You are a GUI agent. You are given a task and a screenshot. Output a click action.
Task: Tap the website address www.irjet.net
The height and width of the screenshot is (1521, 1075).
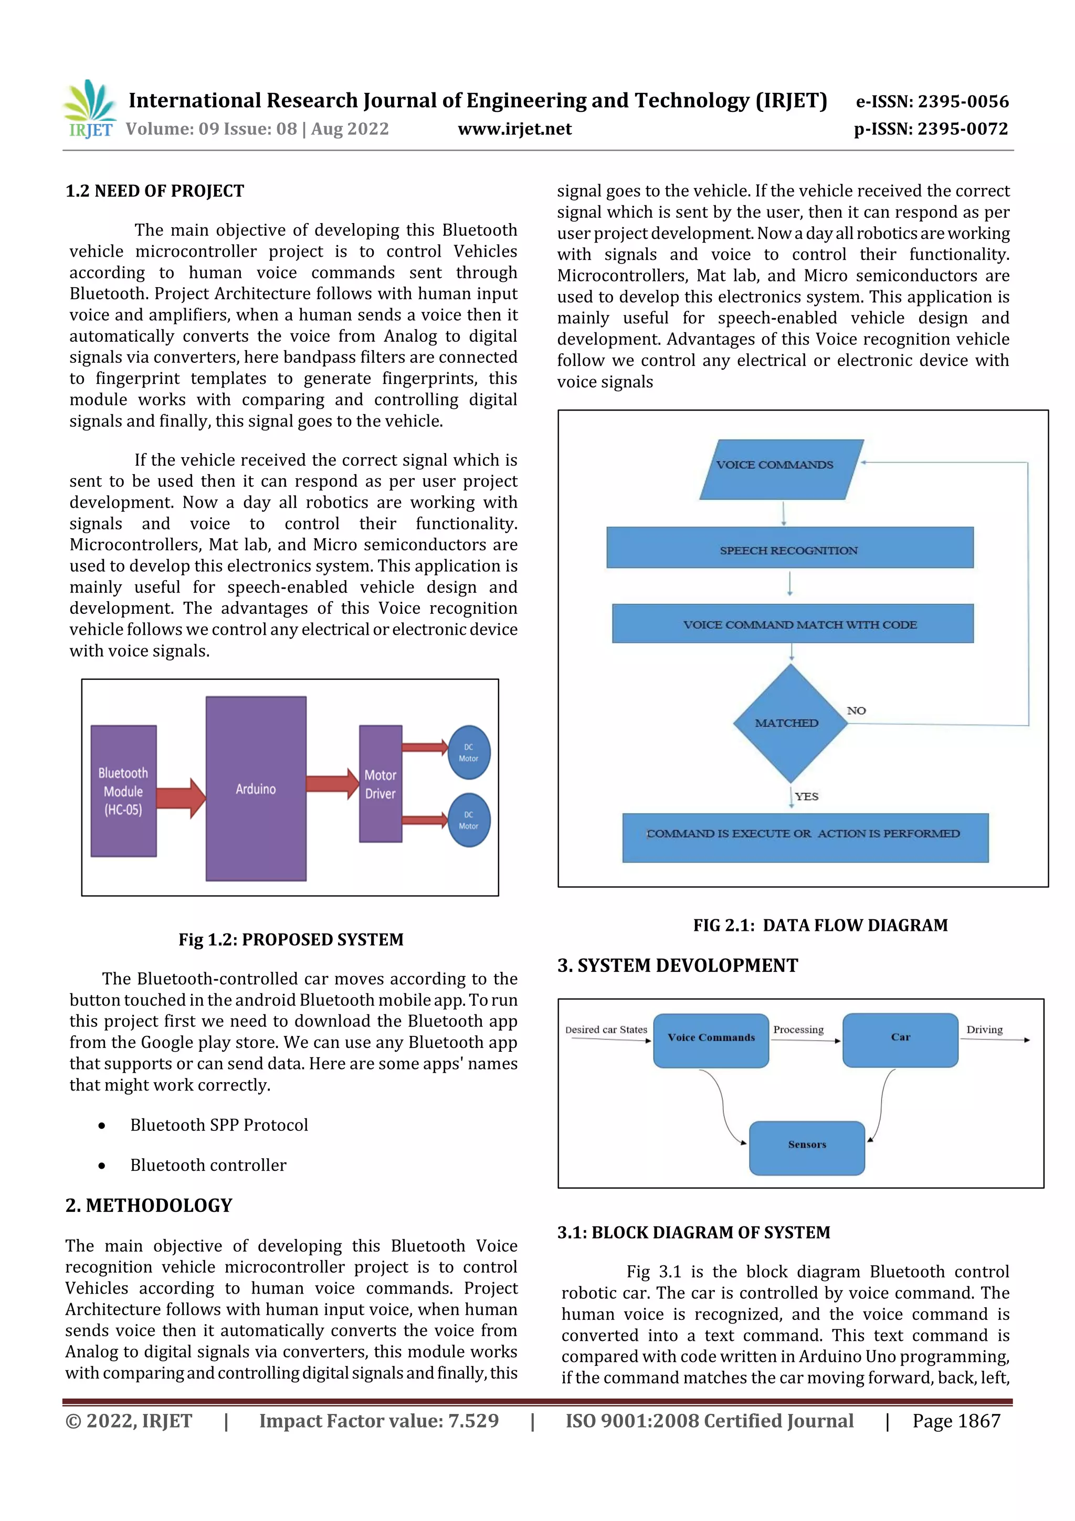coord(514,129)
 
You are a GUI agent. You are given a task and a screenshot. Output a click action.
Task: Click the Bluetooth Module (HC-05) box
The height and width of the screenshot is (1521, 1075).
coord(124,791)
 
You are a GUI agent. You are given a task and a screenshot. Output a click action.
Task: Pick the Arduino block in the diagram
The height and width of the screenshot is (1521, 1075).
coord(256,788)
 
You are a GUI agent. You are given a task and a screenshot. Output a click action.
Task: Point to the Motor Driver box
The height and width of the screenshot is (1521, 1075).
coord(380,784)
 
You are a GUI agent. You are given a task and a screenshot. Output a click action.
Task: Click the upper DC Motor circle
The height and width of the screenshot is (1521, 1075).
coord(469,752)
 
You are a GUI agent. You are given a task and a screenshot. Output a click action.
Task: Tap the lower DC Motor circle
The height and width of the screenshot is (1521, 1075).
coord(469,820)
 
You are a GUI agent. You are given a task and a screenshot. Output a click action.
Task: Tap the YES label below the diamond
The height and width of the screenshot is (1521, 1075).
coord(807,796)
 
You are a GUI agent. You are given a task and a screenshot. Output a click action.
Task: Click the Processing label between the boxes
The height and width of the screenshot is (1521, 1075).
coord(798,1030)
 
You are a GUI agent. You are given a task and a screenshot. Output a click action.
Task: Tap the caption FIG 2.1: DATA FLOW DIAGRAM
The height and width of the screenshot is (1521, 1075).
coord(820,926)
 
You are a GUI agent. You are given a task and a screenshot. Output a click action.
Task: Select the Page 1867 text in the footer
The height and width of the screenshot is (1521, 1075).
coord(956,1421)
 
